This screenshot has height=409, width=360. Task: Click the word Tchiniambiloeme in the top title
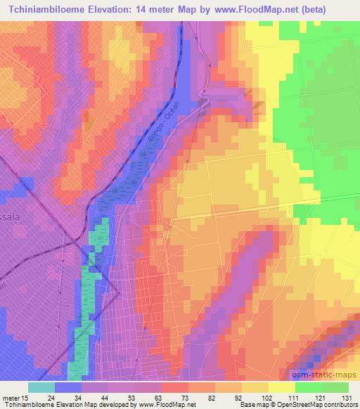point(50,9)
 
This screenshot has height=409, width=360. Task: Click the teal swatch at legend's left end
point(41,387)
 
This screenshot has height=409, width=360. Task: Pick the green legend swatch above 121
point(309,387)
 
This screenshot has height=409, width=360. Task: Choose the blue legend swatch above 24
point(68,387)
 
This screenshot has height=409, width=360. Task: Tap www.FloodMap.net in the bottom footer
point(169,405)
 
